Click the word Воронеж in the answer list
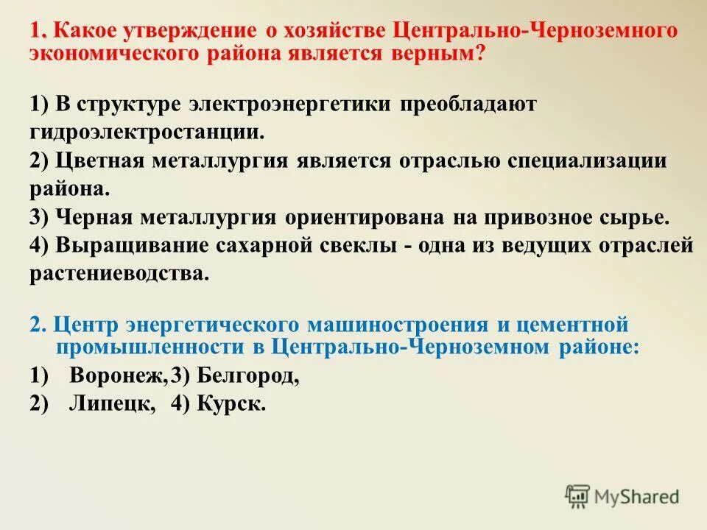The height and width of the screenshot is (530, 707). coord(119,375)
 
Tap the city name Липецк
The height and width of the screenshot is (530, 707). coord(113,403)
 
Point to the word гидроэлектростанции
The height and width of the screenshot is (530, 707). coord(156,132)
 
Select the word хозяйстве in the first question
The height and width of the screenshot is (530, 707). coord(332,31)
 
